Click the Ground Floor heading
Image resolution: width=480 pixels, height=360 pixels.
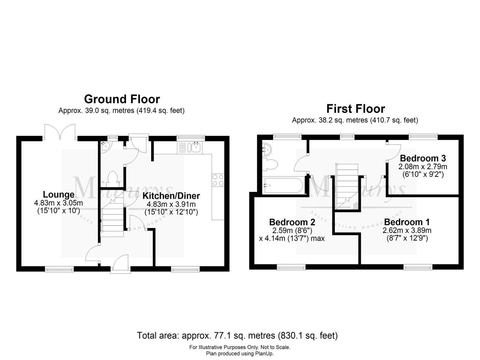tap(122, 99)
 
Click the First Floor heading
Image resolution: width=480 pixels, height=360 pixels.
tap(355, 109)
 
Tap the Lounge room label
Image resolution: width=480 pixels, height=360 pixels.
tap(58, 195)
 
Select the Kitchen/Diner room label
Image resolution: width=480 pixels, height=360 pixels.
tap(171, 196)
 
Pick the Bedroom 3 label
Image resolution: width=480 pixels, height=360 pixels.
tap(423, 158)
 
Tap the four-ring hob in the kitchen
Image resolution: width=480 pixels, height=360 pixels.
tap(218, 180)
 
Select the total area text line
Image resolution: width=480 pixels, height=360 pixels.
tap(237, 335)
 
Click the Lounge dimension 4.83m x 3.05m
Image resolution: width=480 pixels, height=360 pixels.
tap(58, 203)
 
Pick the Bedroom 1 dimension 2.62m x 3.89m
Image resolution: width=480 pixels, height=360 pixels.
tap(407, 230)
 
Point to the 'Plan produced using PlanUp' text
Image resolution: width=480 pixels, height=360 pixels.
tap(240, 353)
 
